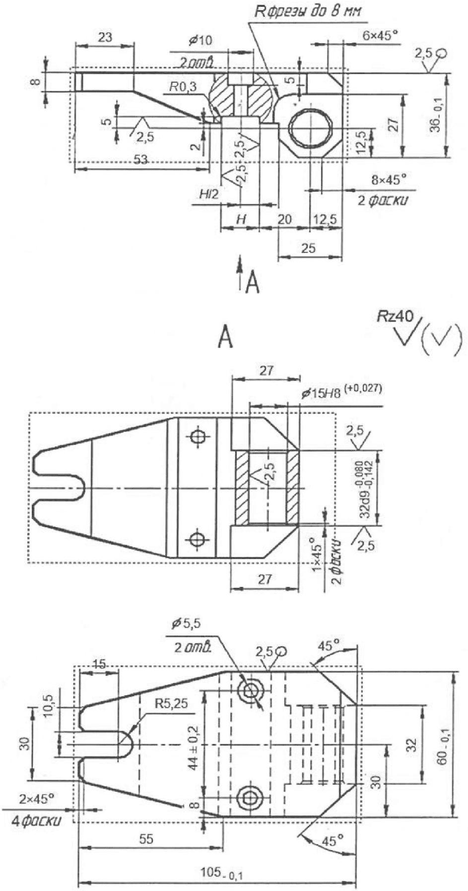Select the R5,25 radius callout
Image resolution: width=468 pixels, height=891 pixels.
[x=170, y=703]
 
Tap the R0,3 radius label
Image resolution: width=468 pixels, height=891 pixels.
[x=182, y=86]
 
